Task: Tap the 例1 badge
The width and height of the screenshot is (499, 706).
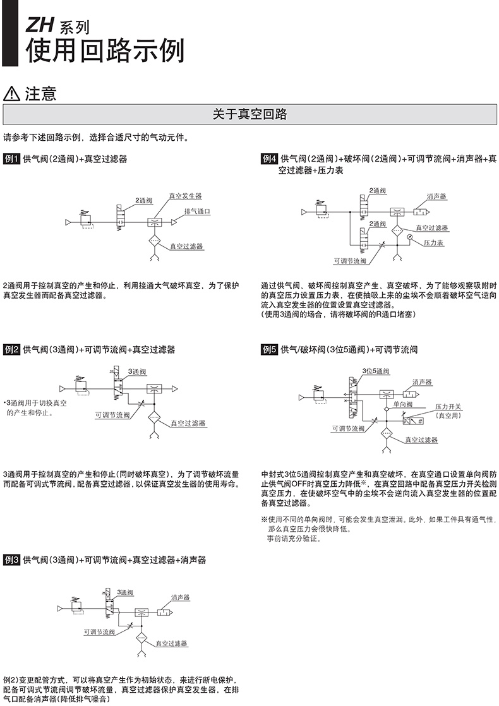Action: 12,159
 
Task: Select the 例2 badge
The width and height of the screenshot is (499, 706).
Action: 12,349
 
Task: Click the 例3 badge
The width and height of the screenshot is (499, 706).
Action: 12,560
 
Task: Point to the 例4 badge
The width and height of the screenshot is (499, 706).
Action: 269,159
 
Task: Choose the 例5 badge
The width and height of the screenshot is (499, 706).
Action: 269,349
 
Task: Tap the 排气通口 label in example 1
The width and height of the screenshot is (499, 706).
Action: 197,211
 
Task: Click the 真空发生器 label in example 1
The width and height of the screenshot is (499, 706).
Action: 185,196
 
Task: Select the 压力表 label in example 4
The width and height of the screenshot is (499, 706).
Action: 433,242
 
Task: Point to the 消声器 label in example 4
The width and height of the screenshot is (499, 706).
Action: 436,196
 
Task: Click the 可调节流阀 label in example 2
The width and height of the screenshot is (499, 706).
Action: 112,415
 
